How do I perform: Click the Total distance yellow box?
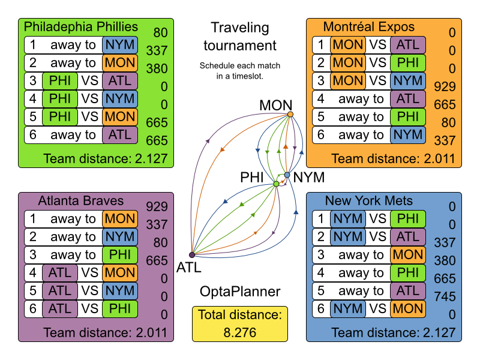[x=240, y=323]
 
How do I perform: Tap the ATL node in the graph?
[x=192, y=255]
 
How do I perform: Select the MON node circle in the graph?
[x=290, y=114]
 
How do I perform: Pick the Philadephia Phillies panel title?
[x=80, y=27]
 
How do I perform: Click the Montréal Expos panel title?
[x=368, y=27]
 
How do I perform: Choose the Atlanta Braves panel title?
[x=81, y=200]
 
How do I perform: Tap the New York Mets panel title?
[x=369, y=200]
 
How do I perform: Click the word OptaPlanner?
[x=240, y=292]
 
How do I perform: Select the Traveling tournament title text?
[x=240, y=37]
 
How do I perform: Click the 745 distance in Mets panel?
[x=444, y=296]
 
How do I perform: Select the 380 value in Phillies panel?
[x=156, y=69]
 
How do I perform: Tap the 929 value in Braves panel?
[x=156, y=207]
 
